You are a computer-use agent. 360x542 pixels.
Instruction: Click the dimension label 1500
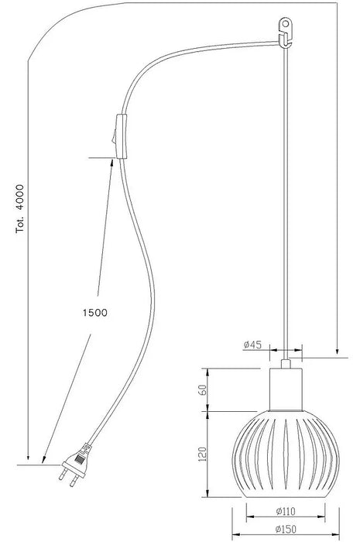tap(95, 313)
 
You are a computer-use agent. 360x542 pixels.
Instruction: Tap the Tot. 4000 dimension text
tap(20, 209)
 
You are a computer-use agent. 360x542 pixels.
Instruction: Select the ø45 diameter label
tap(252, 345)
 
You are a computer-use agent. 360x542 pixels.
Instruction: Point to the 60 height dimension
tap(203, 389)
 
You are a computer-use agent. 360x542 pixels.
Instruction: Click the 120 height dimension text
tap(203, 454)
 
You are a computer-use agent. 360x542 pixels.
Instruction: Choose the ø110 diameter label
tap(286, 511)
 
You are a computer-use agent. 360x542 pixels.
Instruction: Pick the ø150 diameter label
tap(286, 529)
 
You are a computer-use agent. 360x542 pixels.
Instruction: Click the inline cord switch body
tap(122, 135)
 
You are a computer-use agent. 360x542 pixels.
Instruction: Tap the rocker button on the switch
tap(114, 136)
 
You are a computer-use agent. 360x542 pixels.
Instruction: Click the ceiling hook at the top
tap(286, 33)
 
